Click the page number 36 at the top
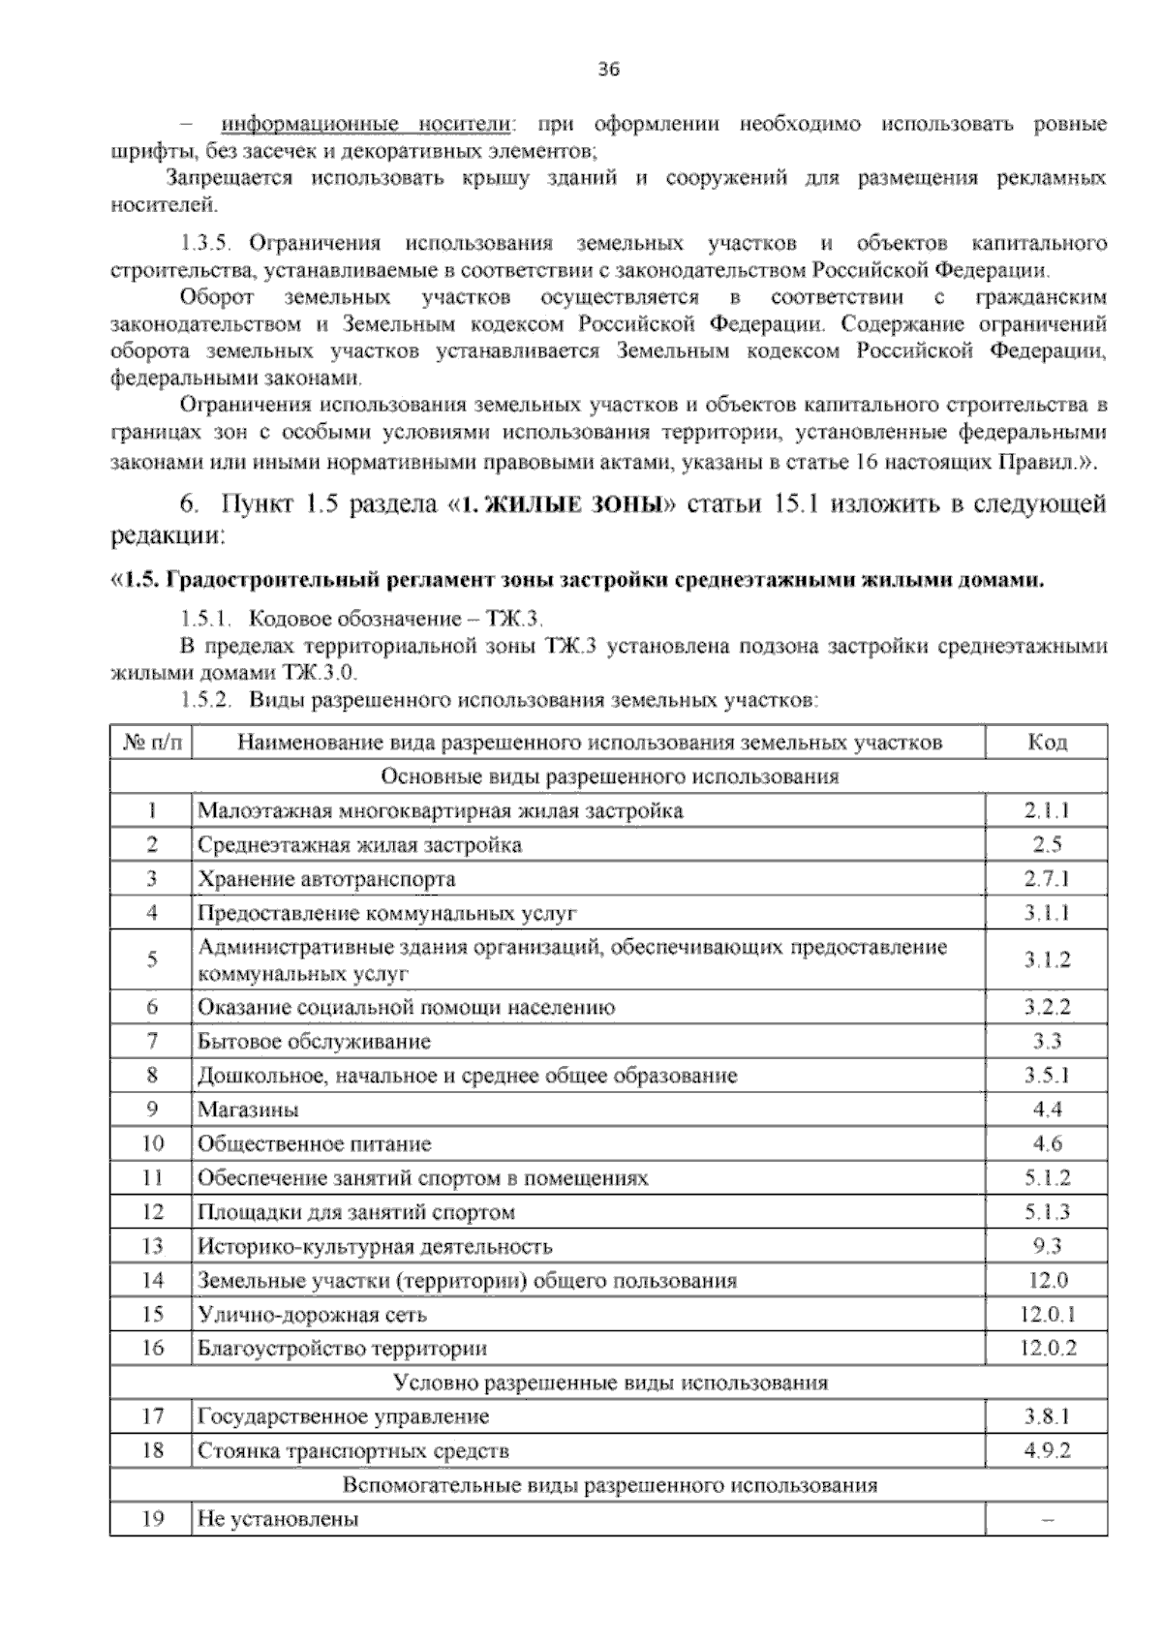pyautogui.click(x=609, y=70)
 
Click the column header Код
pyautogui.click(x=1047, y=743)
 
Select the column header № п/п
pyautogui.click(x=152, y=743)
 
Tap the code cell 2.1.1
pyautogui.click(x=1047, y=810)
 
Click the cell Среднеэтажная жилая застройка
pyautogui.click(x=359, y=844)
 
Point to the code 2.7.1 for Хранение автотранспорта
pyautogui.click(x=1047, y=879)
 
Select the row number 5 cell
pyautogui.click(x=152, y=959)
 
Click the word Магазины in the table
pyautogui.click(x=248, y=1110)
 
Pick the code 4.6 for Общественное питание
pyautogui.click(x=1047, y=1143)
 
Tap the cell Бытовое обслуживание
pyautogui.click(x=314, y=1042)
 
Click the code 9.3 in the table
pyautogui.click(x=1047, y=1246)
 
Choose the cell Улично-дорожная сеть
pyautogui.click(x=312, y=1315)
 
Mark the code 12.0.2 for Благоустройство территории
pyautogui.click(x=1047, y=1349)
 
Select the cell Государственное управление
pyautogui.click(x=343, y=1416)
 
